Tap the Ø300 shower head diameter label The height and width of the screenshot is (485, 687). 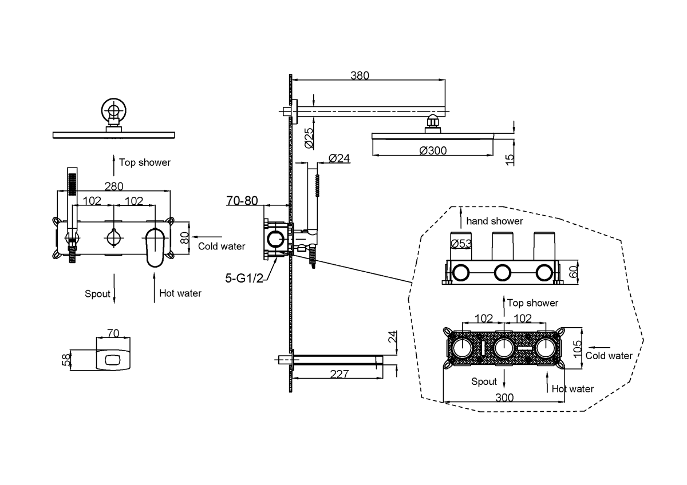(433, 150)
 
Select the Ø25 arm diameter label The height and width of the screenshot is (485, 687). (309, 138)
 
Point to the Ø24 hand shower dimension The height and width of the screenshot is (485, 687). (339, 158)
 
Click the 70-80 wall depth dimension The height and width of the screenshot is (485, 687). (242, 201)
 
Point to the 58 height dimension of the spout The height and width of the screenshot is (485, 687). (67, 359)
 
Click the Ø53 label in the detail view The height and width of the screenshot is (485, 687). (461, 244)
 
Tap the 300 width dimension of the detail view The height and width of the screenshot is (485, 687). (504, 397)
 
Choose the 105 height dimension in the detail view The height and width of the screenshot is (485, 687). (577, 346)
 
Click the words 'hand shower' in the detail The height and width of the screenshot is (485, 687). (495, 221)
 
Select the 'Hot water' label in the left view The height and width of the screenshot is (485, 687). (180, 293)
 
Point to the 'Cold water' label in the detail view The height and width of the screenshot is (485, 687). (609, 356)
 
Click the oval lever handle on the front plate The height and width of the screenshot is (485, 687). (155, 247)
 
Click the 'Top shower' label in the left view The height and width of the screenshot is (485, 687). (145, 162)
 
